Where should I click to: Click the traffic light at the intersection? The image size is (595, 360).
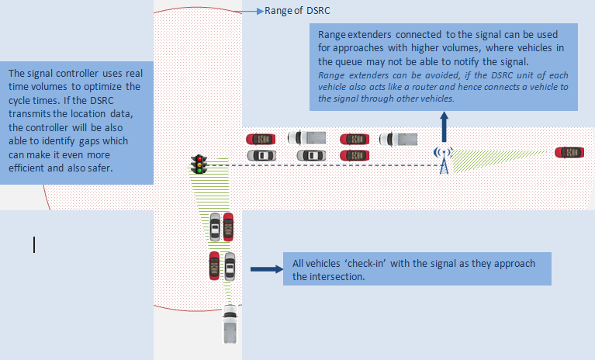point(199,164)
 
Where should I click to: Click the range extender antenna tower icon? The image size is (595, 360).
point(444,161)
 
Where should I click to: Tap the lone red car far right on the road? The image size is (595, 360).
point(569,152)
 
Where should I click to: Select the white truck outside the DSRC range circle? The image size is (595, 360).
point(230,324)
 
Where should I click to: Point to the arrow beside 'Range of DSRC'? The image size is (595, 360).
point(251,12)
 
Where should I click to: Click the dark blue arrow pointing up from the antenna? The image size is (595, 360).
point(444,125)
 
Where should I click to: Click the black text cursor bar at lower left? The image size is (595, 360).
point(34,244)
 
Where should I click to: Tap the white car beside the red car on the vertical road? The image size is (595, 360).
point(230,264)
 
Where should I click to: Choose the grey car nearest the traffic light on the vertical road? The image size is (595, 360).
point(215,226)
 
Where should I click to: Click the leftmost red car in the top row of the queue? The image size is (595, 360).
point(261,139)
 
